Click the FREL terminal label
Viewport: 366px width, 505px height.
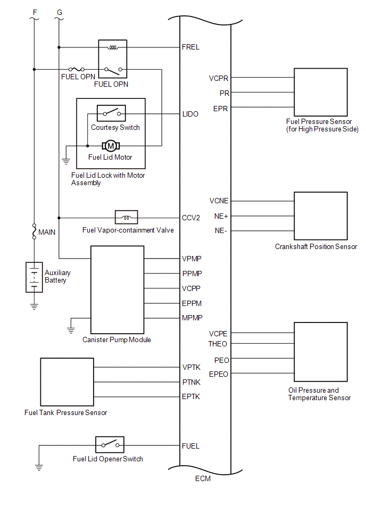(x=190, y=47)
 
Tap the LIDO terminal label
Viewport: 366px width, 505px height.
(x=190, y=114)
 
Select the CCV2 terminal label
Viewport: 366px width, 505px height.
(x=191, y=218)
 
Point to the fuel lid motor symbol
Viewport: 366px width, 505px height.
(x=111, y=146)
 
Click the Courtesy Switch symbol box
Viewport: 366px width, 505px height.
(x=111, y=113)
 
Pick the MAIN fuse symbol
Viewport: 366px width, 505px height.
(x=34, y=231)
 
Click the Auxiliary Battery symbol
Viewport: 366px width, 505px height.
(x=34, y=277)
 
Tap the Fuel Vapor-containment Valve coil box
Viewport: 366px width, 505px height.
(x=126, y=218)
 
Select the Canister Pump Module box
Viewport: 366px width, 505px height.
(x=117, y=290)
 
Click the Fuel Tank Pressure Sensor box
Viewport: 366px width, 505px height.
(x=67, y=382)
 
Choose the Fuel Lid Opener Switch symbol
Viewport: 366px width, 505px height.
(x=110, y=445)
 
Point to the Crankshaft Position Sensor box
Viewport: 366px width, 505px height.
(x=321, y=216)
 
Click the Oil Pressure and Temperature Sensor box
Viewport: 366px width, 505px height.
(x=321, y=352)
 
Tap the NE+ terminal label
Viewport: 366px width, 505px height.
(x=221, y=216)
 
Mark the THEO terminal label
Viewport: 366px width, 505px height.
(x=218, y=344)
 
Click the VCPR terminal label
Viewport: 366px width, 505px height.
(x=219, y=78)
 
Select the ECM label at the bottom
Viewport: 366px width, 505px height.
(x=203, y=478)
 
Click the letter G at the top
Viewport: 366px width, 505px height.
(x=60, y=13)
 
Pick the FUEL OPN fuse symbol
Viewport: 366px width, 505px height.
(x=77, y=69)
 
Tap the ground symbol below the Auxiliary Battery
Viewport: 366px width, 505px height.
(x=34, y=307)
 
